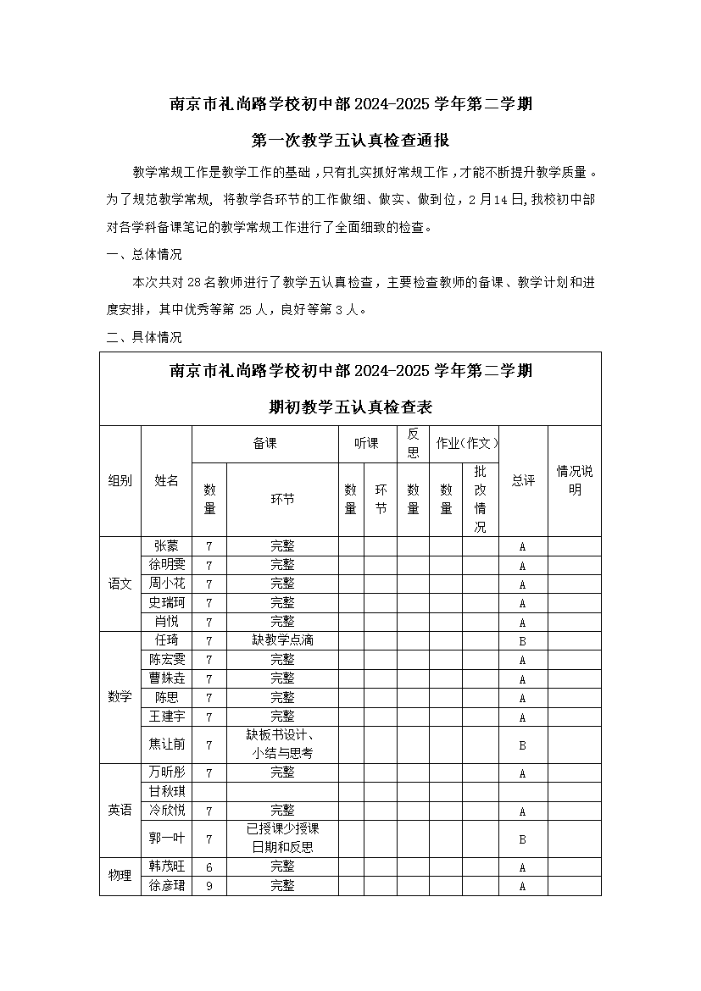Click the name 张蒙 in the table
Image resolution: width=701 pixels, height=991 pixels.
point(166,546)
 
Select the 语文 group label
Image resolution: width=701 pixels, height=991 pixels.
point(120,584)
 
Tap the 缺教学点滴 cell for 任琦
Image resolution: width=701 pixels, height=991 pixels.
point(282,640)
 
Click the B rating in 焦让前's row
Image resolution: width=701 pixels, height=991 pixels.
point(522,745)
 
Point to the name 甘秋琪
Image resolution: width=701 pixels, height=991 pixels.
point(166,792)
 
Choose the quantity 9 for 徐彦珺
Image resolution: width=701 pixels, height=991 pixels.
point(209,886)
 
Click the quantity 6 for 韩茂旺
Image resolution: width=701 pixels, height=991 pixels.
point(209,867)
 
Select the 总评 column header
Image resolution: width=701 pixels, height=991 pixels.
point(523,480)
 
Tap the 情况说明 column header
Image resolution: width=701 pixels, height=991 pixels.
point(575,480)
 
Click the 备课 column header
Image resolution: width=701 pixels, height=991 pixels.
point(265,443)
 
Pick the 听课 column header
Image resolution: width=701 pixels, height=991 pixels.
point(367,443)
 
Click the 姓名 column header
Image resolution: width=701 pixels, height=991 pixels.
point(166,480)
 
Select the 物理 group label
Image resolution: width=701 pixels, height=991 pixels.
point(120,877)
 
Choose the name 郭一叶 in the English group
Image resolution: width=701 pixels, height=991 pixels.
point(166,839)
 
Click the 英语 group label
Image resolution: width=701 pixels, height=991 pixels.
point(120,811)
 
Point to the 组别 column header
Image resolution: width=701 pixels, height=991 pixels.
point(120,480)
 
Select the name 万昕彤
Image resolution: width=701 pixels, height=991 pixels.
point(166,772)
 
